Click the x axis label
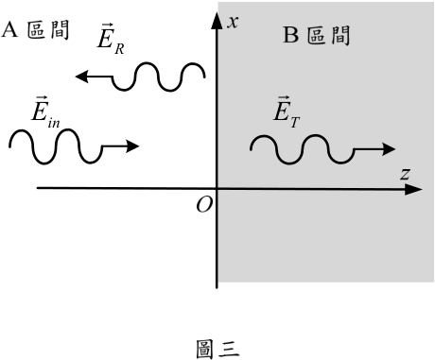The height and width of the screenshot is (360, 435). click(x=233, y=23)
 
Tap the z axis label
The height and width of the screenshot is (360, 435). click(x=406, y=174)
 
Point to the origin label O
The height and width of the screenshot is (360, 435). click(x=204, y=205)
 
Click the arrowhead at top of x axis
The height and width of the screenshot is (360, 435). click(x=217, y=21)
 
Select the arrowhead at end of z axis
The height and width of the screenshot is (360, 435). click(x=413, y=190)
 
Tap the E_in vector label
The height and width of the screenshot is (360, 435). click(x=45, y=112)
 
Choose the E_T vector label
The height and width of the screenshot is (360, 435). click(x=287, y=112)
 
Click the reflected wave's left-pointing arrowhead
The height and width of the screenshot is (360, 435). click(x=81, y=77)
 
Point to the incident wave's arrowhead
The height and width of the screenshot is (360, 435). click(x=132, y=146)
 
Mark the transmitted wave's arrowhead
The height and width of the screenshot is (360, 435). click(x=389, y=149)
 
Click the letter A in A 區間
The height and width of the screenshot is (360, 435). click(x=9, y=30)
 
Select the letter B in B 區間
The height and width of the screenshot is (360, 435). click(x=290, y=35)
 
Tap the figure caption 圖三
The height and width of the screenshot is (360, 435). click(x=217, y=349)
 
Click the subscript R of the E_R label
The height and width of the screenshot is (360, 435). click(x=119, y=49)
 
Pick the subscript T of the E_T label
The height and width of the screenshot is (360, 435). click(x=295, y=122)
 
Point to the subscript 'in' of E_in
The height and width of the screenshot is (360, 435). click(x=54, y=123)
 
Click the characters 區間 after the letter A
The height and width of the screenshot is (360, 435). click(x=48, y=30)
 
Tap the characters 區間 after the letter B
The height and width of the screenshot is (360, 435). click(x=328, y=35)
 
